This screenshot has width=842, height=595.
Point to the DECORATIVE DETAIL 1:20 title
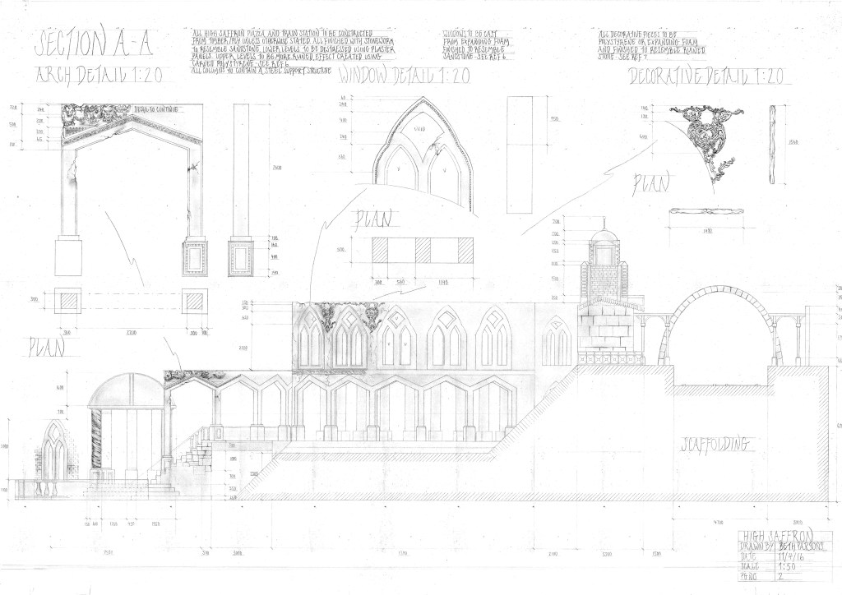pos(708,77)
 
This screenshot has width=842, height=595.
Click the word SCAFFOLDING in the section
pos(714,445)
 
